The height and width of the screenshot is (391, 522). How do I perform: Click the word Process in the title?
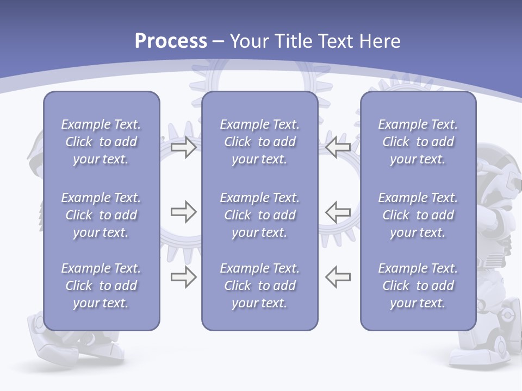point(171,41)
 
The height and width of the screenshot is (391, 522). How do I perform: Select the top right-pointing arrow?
point(184,147)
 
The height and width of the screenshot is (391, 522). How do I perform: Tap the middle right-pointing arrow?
point(184,211)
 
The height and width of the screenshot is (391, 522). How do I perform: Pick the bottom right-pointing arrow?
point(184,277)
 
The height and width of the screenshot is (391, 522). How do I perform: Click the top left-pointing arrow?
point(338,147)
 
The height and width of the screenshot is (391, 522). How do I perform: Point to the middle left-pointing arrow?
point(338,211)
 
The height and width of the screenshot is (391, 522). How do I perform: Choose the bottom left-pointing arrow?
point(338,277)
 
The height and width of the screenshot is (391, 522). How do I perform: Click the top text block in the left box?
point(101,142)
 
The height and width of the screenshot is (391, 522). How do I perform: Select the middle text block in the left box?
point(101,215)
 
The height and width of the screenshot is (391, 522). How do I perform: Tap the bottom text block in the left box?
point(101,286)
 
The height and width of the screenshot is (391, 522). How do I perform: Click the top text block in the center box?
point(259,142)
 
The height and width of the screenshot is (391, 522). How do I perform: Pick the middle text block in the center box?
point(259,215)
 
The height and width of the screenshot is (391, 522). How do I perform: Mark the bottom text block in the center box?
point(259,286)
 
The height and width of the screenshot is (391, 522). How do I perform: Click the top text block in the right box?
point(418,142)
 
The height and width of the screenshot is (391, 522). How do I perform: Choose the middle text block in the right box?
point(418,215)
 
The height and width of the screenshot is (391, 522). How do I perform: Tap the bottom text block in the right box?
point(418,286)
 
